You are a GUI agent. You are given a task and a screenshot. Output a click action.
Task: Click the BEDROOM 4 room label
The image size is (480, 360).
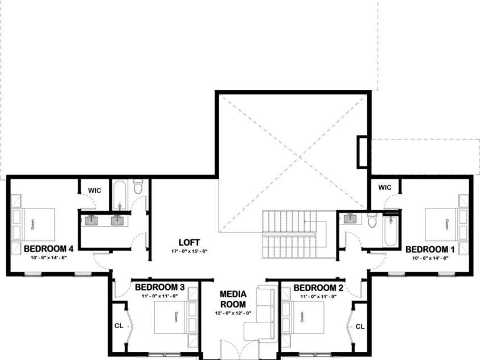(x=48, y=248)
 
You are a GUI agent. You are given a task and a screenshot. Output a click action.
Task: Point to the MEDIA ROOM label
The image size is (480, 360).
(x=233, y=299)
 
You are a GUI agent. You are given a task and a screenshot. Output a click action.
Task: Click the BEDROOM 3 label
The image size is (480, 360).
(x=159, y=287)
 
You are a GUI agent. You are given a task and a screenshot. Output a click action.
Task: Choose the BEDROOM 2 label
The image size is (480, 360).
(x=318, y=287)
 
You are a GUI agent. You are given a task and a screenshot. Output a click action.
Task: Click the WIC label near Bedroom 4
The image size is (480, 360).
(x=95, y=190)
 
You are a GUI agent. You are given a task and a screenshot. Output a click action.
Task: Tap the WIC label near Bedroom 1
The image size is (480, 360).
(x=385, y=187)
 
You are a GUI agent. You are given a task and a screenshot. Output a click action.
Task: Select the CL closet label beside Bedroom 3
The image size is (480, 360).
(x=118, y=326)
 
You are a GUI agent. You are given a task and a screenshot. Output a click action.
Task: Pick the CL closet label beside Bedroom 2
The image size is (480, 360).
(x=360, y=326)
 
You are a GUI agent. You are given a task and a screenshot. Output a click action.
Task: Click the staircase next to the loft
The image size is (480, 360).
(x=289, y=234)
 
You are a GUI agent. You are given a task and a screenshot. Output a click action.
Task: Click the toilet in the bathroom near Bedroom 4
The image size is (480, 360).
(x=138, y=187)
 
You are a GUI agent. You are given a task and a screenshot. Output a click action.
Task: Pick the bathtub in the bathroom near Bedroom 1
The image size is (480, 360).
(x=391, y=231)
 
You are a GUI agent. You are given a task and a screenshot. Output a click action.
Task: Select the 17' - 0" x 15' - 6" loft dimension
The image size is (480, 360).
(x=189, y=251)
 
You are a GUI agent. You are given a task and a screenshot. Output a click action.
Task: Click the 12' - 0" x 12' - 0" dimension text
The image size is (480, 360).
(x=233, y=314)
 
